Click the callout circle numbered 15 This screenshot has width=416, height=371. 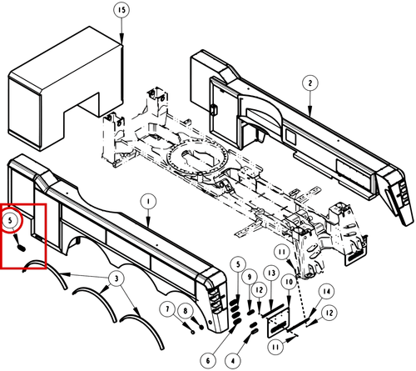(x=121, y=10)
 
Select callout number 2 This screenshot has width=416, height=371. (x=310, y=83)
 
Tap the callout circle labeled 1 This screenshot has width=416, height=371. (x=148, y=202)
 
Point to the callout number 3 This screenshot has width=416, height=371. (x=116, y=278)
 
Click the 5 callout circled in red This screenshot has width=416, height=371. (x=11, y=220)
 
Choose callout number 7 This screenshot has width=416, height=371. (x=167, y=309)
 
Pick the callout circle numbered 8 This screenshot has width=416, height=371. (x=186, y=311)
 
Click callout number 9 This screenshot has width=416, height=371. (x=250, y=277)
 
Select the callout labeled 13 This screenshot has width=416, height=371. (x=272, y=273)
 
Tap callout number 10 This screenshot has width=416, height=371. (x=289, y=283)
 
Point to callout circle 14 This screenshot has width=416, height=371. (x=327, y=292)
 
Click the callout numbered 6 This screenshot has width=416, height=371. (x=208, y=361)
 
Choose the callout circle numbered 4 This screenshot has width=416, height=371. (x=233, y=361)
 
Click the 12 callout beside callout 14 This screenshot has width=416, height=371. (x=329, y=313)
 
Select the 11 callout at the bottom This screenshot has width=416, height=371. (x=275, y=348)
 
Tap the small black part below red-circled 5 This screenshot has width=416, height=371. (x=22, y=248)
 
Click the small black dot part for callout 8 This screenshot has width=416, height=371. (x=201, y=328)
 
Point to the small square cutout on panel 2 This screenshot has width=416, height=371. (x=291, y=138)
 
